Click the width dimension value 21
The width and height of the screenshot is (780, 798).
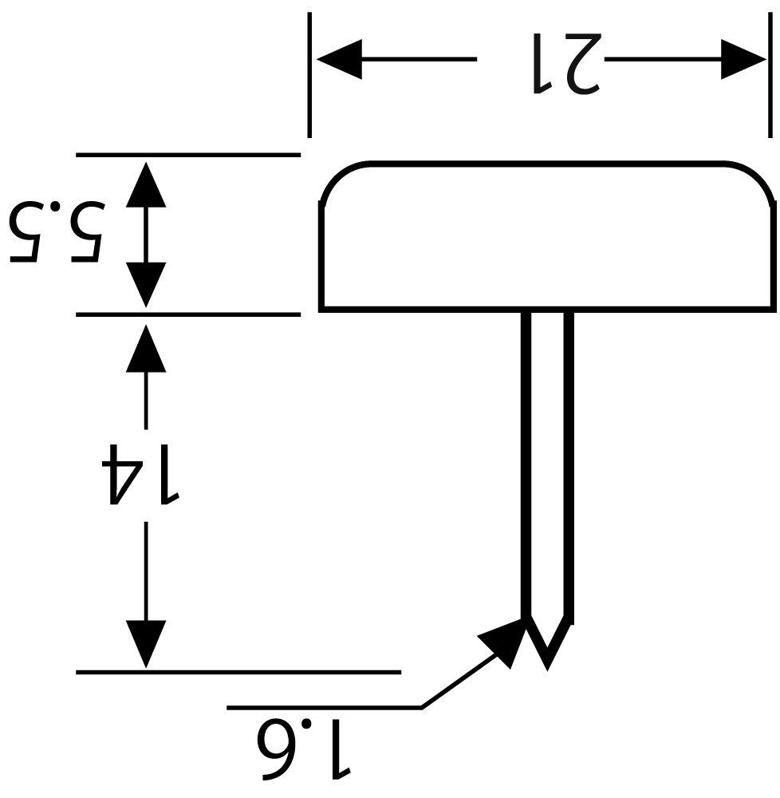567,64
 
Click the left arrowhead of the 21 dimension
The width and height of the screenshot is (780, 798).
339,59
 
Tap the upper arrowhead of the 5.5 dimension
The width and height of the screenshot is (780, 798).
146,184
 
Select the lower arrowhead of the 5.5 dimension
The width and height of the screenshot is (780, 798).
146,285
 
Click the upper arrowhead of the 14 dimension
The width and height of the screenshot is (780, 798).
146,348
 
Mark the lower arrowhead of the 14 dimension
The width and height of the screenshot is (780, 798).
146,644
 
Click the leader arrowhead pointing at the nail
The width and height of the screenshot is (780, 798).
503,642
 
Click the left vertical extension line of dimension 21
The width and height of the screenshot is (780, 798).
309,75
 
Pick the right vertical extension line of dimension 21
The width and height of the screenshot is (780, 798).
770,75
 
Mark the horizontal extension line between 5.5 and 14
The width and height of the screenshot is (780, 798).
188,314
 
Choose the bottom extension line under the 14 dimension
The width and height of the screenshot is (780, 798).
238,672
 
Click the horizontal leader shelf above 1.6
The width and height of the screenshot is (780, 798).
325,707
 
